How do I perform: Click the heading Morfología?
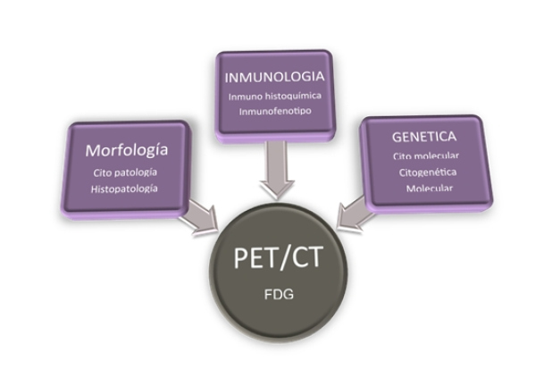pyautogui.click(x=125, y=148)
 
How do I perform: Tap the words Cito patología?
pyautogui.click(x=125, y=172)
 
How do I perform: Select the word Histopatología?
pyautogui.click(x=125, y=189)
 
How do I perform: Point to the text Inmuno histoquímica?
pyautogui.click(x=273, y=96)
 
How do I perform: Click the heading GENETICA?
pyautogui.click(x=423, y=137)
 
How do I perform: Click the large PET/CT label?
pyautogui.click(x=277, y=258)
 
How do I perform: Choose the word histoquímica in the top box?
pyautogui.click(x=291, y=96)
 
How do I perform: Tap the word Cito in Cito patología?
pyautogui.click(x=103, y=172)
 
